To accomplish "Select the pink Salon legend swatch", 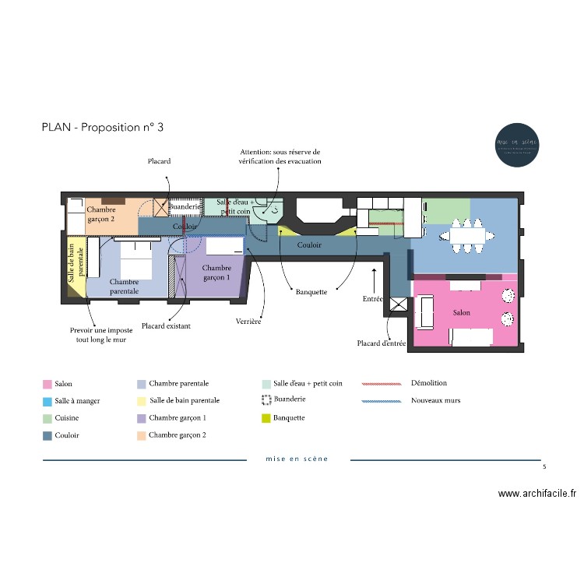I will point(47,384).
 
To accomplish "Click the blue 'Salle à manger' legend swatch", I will point(47,402).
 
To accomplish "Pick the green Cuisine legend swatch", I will point(47,419).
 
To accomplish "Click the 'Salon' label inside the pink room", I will point(462,312).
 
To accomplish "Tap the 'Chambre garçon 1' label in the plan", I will point(216,273).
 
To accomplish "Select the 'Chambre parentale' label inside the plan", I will point(124,286).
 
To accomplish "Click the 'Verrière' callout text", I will point(248,321).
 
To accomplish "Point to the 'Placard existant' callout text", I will point(166,326).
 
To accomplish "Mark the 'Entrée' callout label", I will point(373,299).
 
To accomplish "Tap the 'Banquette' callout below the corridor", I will point(311,292).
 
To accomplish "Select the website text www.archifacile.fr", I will point(537,494).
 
